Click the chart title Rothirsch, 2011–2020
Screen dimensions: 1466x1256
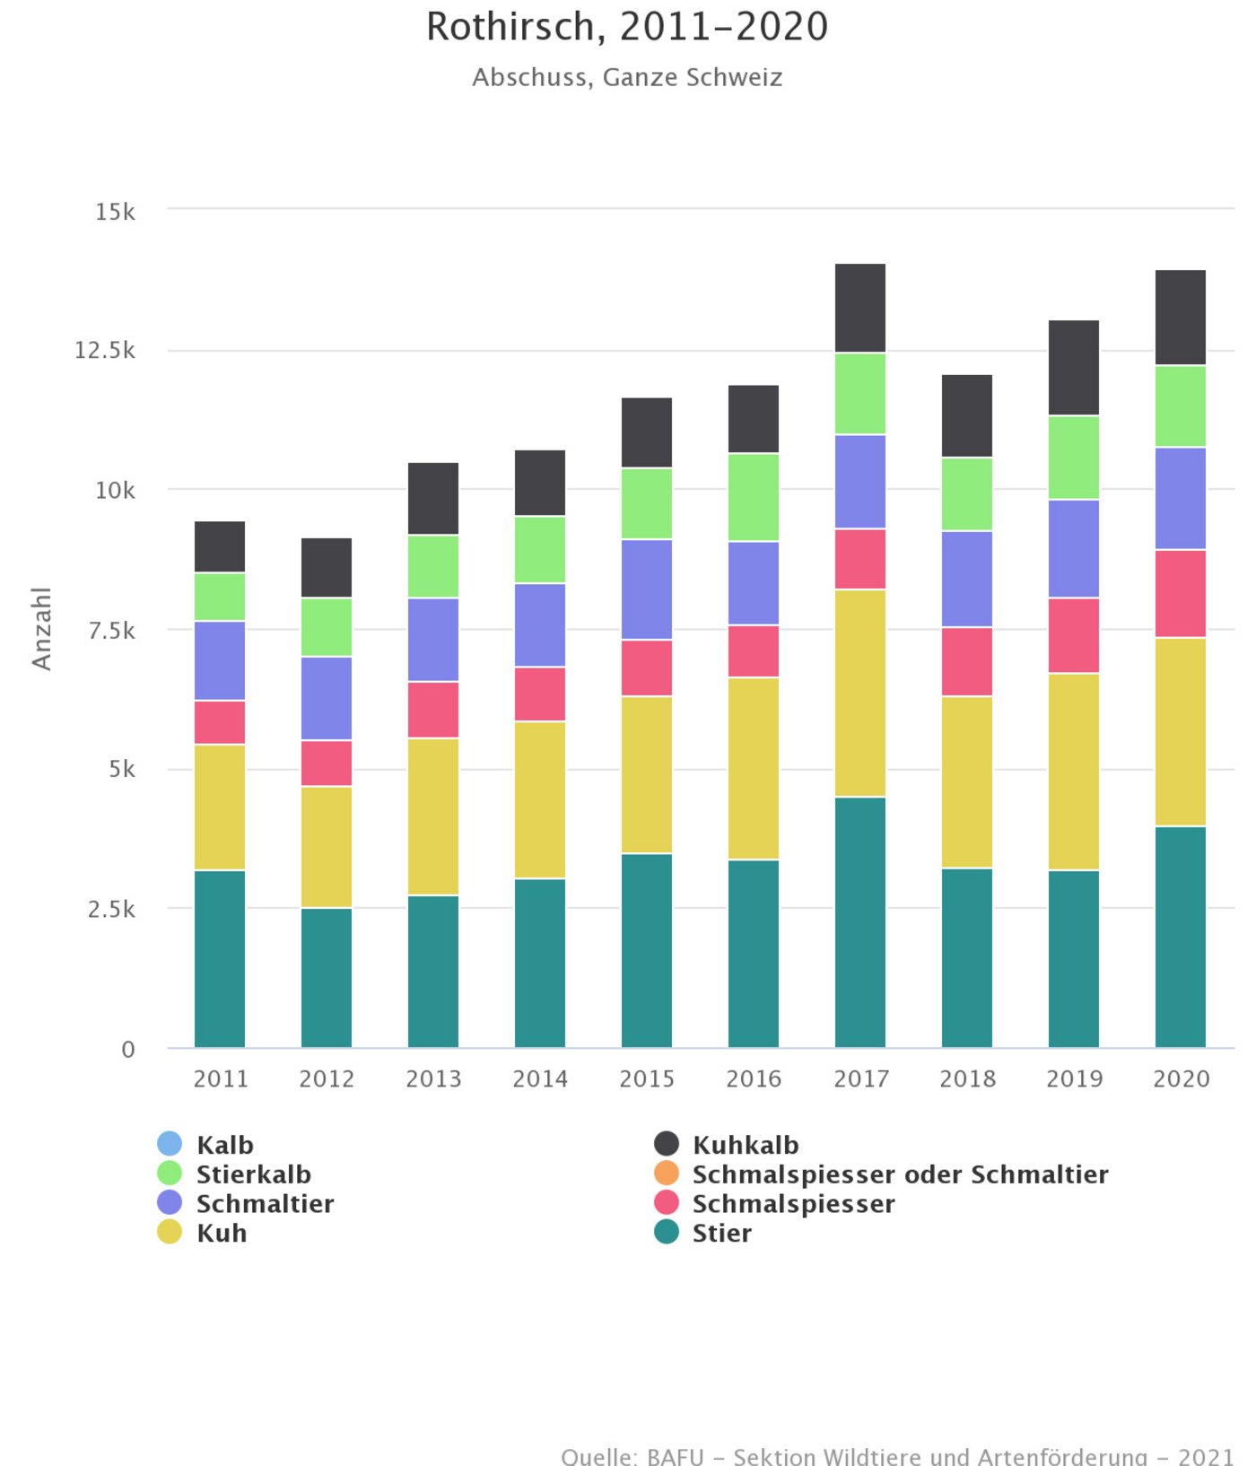tap(626, 27)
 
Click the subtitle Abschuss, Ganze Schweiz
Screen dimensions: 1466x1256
tap(627, 77)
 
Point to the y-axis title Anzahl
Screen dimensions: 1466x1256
tap(41, 628)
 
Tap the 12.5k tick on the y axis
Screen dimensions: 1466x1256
tap(105, 350)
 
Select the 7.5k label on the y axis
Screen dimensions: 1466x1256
tap(112, 630)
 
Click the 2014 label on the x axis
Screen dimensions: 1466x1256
tap(540, 1078)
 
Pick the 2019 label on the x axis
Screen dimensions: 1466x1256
tap(1074, 1078)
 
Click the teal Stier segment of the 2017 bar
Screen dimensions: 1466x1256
tap(860, 921)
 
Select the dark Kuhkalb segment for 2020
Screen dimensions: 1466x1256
tap(1181, 317)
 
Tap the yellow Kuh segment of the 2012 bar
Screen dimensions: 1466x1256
tap(327, 847)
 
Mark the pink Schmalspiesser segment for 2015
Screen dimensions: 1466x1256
tap(647, 668)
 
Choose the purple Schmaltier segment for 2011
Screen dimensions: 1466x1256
tap(220, 660)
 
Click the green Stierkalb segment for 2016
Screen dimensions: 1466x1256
tap(754, 497)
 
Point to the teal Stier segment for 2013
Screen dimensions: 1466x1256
tap(433, 971)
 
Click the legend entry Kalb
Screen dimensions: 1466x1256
tap(224, 1145)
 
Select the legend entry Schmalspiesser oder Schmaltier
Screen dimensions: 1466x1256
tap(900, 1174)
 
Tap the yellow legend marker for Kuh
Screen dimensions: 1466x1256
tap(170, 1233)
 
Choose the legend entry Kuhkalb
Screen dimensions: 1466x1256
tap(745, 1145)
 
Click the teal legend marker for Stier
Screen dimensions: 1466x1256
tap(667, 1233)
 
